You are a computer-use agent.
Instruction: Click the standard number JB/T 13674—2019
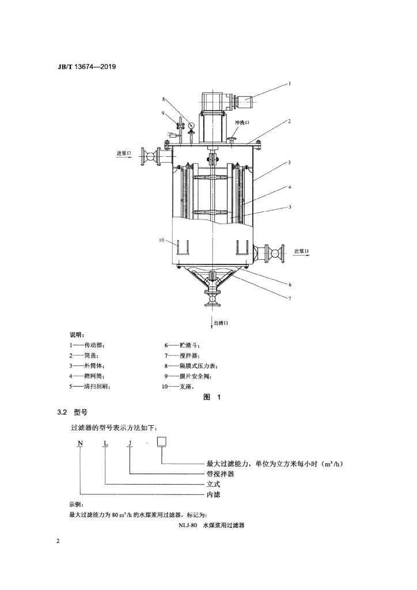86,67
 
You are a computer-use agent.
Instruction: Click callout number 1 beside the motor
290,84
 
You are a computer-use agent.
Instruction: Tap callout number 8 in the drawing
164,99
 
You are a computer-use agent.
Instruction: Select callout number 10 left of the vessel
161,240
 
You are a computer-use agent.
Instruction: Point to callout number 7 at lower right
290,298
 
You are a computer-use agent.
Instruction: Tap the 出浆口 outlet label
301,251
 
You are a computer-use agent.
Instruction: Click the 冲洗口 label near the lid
242,123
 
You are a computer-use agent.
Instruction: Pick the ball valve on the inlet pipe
151,156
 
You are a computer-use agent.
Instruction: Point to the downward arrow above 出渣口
212,319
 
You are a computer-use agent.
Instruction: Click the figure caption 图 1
212,397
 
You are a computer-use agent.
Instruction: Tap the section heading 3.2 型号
72,413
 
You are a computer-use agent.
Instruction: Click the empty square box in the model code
162,441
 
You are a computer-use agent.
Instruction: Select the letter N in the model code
80,443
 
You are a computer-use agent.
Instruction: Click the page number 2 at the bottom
58,541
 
